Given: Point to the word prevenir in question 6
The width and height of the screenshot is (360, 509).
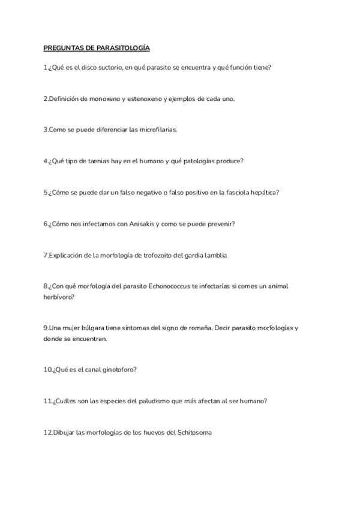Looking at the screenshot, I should pyautogui.click(x=220, y=224).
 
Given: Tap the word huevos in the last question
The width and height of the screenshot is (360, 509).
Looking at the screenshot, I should pyautogui.click(x=152, y=432).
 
